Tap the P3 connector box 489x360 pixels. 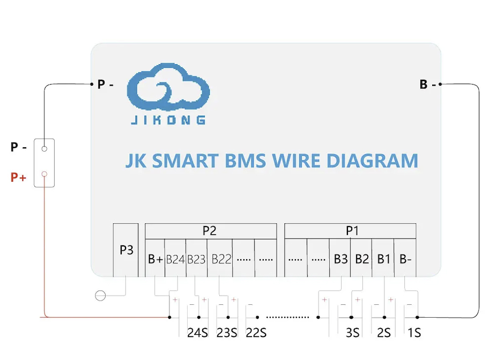coord(126,250)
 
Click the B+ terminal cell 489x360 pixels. coord(155,259)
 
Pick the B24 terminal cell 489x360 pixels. coord(175,259)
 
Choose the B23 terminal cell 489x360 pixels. coord(197,259)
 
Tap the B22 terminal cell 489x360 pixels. coord(221,259)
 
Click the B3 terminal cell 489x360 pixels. coord(340,259)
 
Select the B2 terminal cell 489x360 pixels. coord(362,259)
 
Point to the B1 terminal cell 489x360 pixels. coord(384,259)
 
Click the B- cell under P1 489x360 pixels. coord(406,259)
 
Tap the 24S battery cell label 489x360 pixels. coord(197,333)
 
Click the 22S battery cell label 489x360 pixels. coord(256,333)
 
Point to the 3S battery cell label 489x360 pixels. coord(352,333)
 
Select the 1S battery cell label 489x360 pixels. coord(413,333)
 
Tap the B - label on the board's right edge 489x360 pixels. coord(427,84)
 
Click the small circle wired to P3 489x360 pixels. coord(100,295)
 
